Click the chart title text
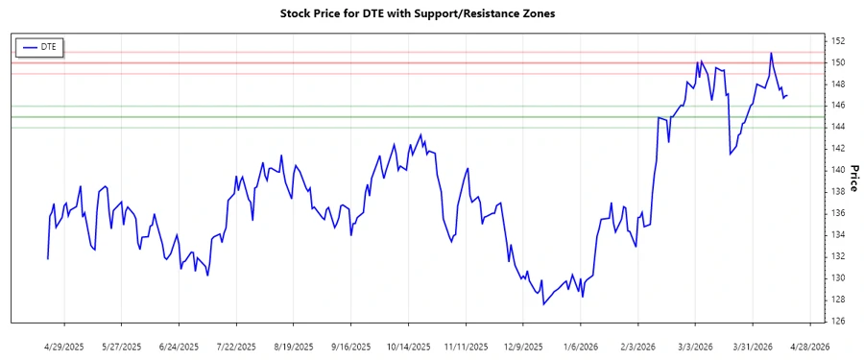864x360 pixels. click(x=417, y=13)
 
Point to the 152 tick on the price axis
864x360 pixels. click(x=837, y=41)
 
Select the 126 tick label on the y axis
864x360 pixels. click(x=837, y=322)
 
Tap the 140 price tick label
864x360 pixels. click(x=837, y=170)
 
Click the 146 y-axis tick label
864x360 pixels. click(x=837, y=106)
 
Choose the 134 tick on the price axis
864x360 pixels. click(x=837, y=235)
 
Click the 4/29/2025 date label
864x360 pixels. click(x=64, y=346)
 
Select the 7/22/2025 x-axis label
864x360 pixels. click(x=236, y=346)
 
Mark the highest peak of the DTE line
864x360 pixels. click(x=771, y=53)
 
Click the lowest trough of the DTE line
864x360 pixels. click(x=543, y=305)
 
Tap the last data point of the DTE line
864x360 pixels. click(x=787, y=96)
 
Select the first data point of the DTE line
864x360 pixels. click(x=47, y=259)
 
